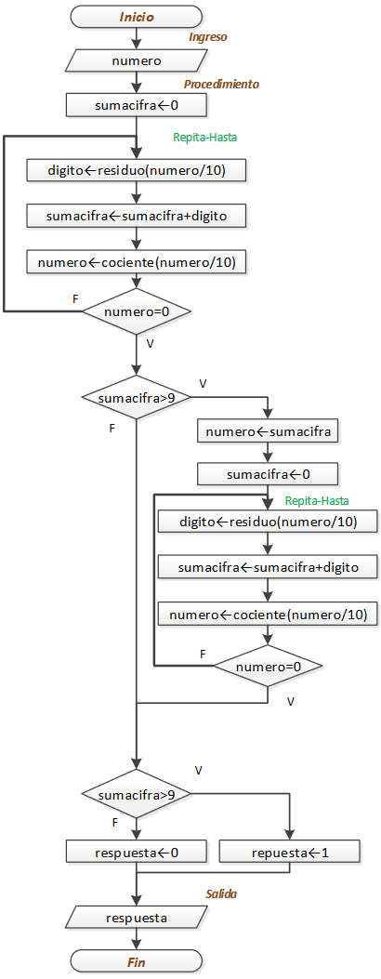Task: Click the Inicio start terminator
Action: coord(137,16)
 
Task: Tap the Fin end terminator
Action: coord(137,962)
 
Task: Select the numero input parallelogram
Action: coord(137,61)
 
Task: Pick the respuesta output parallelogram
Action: coord(137,918)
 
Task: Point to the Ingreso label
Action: coord(207,37)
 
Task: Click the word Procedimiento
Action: coord(221,84)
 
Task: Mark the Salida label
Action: coord(221,894)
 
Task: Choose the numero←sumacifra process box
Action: coord(268,431)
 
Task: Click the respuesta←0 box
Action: coord(137,852)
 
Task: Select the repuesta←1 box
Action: coord(289,852)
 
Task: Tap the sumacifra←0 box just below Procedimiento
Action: coord(137,105)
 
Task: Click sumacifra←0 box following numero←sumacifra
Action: coord(268,474)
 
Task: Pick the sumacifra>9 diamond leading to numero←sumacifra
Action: coord(137,398)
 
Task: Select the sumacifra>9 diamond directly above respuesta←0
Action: coord(137,795)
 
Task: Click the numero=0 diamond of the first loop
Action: coord(137,311)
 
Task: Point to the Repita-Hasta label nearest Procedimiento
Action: coord(204,137)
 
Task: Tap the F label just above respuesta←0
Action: coord(114,823)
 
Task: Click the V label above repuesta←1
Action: coord(198,771)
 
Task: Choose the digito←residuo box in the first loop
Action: coord(137,170)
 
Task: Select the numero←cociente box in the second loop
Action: coord(268,614)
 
